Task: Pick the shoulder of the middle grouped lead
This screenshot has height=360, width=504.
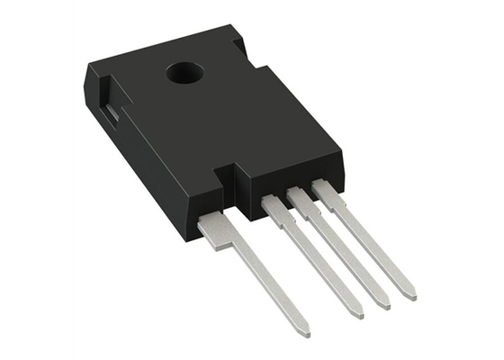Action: point(300,199)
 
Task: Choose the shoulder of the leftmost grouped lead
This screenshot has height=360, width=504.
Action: point(274,208)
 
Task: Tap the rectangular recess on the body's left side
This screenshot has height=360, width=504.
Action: point(105,114)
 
